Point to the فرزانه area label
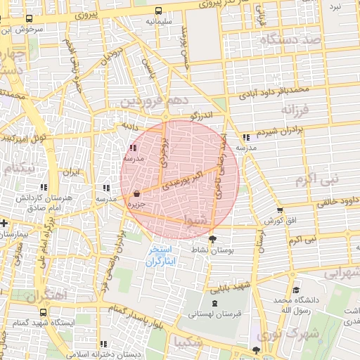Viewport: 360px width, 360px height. [x=295, y=111]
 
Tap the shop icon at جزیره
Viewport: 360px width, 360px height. [x=136, y=193]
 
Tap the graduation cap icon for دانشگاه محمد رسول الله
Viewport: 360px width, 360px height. [x=296, y=290]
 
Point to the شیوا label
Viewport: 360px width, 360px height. [x=195, y=221]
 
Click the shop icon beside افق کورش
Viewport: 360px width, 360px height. [x=281, y=210]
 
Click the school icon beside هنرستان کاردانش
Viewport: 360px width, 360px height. [x=44, y=188]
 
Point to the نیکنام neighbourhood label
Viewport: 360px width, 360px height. [x=18, y=169]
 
